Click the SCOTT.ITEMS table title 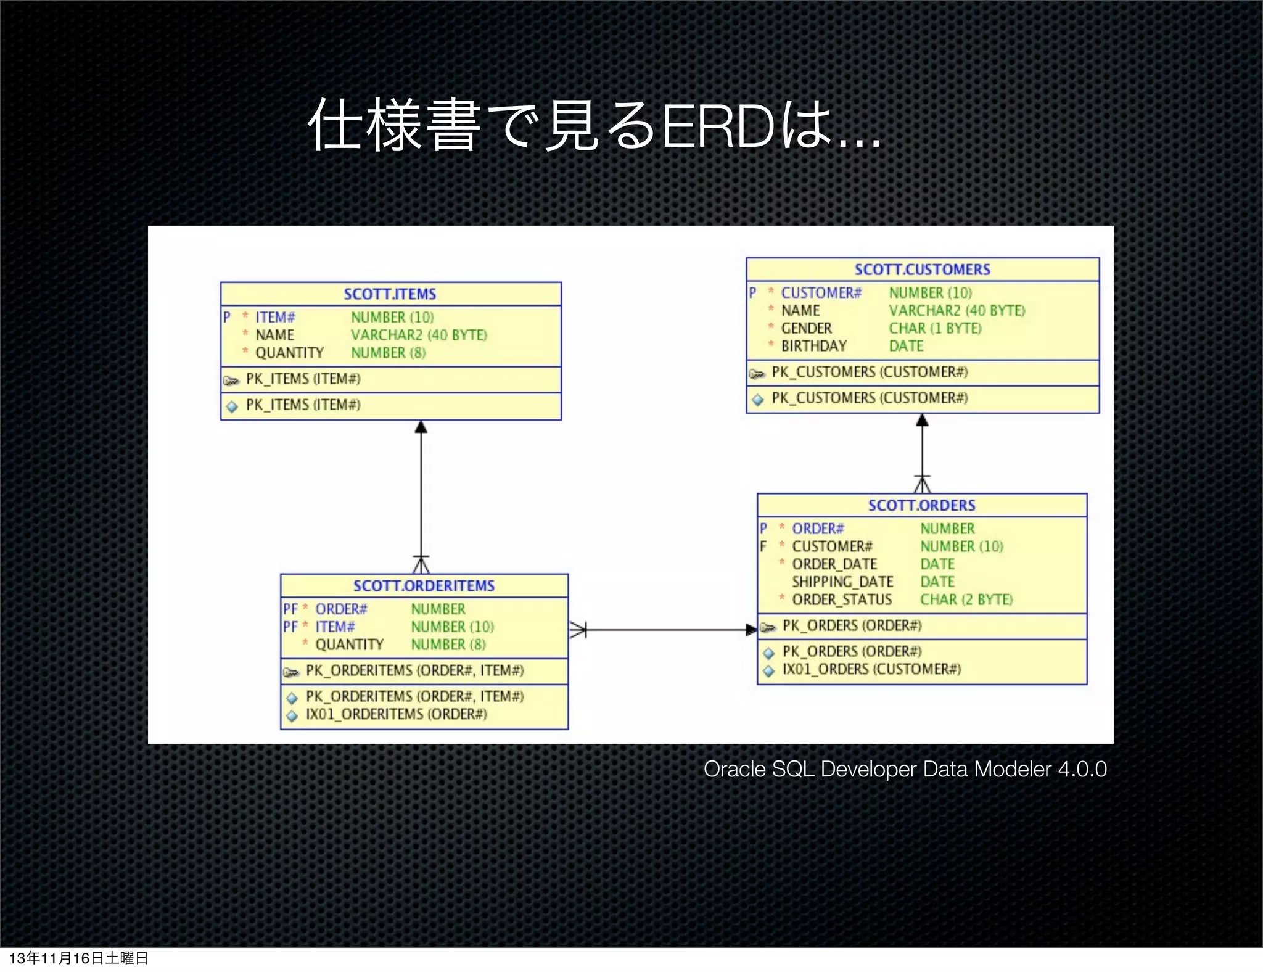point(390,294)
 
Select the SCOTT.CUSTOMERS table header point(922,270)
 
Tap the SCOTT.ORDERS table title point(921,506)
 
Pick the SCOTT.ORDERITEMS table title point(424,586)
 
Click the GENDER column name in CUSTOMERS point(806,328)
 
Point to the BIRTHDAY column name point(813,346)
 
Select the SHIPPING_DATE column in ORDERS point(842,582)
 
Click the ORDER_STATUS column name point(841,599)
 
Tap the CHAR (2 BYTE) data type point(966,599)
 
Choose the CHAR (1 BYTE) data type point(934,328)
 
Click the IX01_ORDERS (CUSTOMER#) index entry point(871,669)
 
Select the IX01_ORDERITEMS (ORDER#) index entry point(396,714)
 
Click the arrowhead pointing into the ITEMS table point(421,427)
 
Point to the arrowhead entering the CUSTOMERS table point(922,421)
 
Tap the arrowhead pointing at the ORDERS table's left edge point(751,630)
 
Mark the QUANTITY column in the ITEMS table point(289,353)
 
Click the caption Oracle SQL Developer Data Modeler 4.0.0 point(905,769)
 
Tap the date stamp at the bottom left point(78,958)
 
